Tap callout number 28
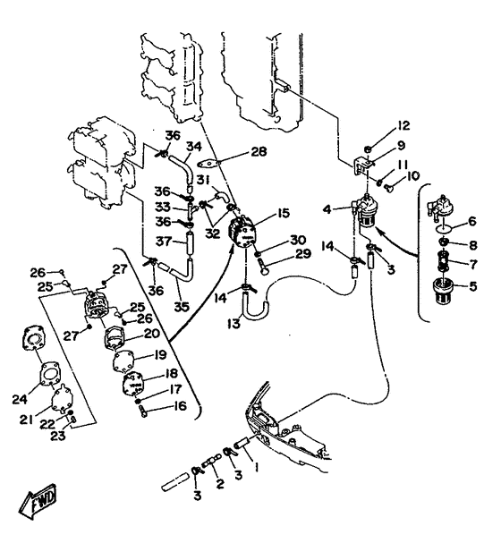click(259, 152)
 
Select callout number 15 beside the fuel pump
click(283, 214)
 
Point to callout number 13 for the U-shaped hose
click(234, 324)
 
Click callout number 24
click(20, 399)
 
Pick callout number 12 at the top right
click(403, 126)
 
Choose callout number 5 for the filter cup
click(472, 286)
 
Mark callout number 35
click(182, 307)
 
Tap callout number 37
click(164, 242)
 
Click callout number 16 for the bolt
click(180, 406)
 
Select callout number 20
click(152, 334)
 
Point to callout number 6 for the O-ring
click(472, 221)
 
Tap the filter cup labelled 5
click(442, 292)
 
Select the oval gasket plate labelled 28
click(208, 164)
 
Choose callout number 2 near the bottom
click(220, 484)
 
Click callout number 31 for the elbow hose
click(203, 180)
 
